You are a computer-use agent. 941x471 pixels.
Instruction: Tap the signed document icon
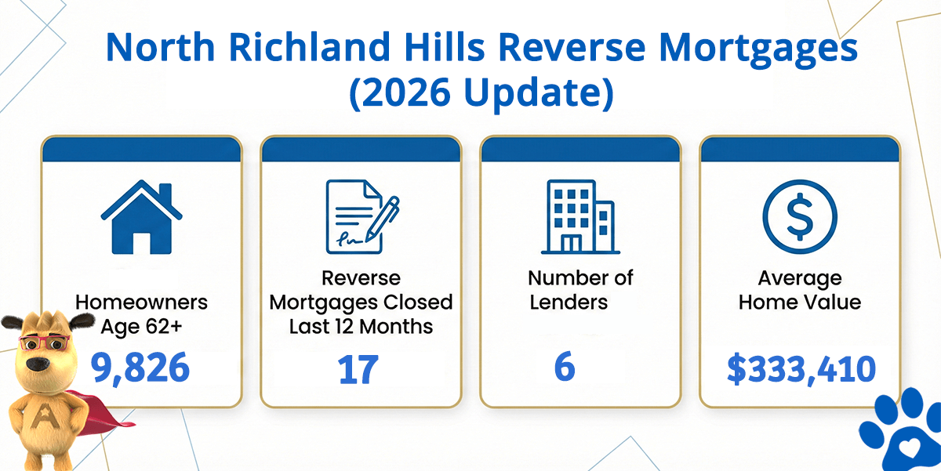pos(362,216)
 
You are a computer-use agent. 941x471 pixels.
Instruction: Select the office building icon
pos(580,217)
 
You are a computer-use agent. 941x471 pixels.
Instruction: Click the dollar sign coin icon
pos(800,216)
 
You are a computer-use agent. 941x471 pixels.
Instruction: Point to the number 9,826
pos(140,368)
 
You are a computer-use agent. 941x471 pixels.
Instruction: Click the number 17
pos(358,369)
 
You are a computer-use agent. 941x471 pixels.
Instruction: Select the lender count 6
pos(565,367)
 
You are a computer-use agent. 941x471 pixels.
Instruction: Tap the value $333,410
pos(801,369)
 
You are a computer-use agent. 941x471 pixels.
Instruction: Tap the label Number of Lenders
pos(580,290)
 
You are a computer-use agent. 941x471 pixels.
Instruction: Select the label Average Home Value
pos(800,290)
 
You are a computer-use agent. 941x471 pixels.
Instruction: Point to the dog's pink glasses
pos(45,342)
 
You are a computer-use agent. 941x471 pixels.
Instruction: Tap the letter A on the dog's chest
pos(42,415)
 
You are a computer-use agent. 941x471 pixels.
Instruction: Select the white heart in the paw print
pos(908,449)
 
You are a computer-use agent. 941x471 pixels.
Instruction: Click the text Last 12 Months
pos(361,327)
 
